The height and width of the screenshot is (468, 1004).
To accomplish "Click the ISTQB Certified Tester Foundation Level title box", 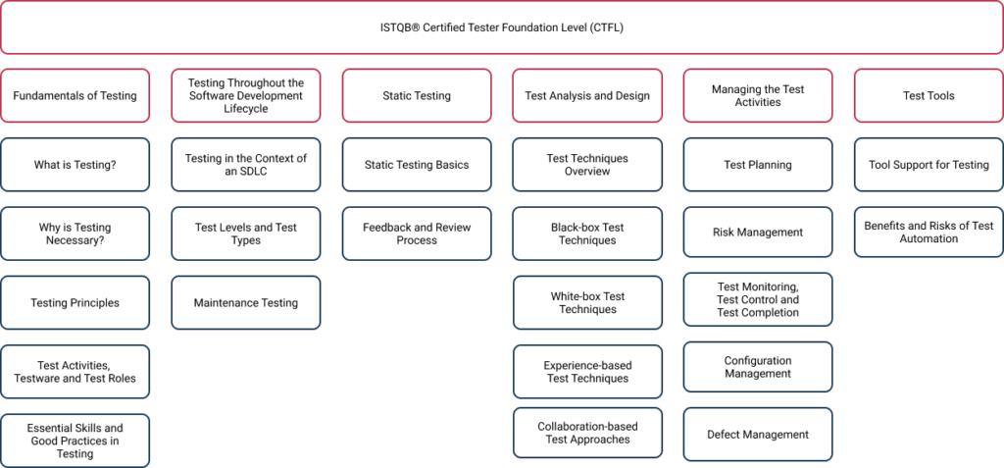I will tap(501, 27).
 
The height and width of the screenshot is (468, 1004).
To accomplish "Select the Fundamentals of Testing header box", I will tap(75, 96).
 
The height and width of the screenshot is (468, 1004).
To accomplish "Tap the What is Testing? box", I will tap(75, 165).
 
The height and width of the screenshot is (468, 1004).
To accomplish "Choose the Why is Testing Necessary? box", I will tap(75, 234).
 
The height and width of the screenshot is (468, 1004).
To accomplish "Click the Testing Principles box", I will tap(75, 303).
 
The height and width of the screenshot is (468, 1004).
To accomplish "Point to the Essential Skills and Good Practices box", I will tap(75, 441).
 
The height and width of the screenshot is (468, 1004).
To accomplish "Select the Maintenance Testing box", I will tap(245, 303).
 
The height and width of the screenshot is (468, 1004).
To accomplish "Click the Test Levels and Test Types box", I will tap(245, 234).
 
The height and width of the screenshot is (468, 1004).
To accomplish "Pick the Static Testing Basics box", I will tap(417, 165).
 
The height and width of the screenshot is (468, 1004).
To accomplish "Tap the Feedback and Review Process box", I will tap(417, 234).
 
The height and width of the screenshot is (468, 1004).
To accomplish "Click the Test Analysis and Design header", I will tap(587, 96).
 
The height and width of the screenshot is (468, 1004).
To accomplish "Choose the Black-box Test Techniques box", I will tap(587, 234).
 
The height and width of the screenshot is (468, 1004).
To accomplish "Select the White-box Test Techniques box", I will tap(587, 303).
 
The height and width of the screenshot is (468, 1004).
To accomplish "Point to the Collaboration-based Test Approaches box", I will tap(587, 433).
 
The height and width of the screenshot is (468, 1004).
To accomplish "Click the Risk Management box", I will tap(758, 233).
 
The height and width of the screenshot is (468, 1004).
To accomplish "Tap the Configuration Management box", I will tap(758, 367).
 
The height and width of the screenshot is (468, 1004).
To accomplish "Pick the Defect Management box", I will tap(758, 435).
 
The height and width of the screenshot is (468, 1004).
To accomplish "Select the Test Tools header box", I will tap(929, 96).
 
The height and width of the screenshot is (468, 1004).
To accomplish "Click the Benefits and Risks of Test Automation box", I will tap(929, 233).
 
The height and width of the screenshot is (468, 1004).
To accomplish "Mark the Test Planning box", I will tap(758, 165).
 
